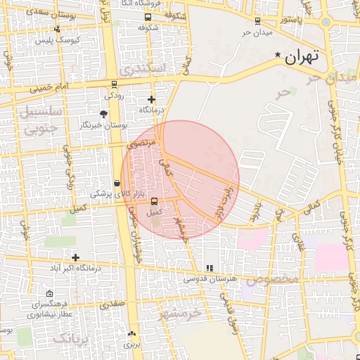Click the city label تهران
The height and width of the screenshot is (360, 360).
coord(304,57)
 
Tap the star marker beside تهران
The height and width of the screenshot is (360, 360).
coord(278,56)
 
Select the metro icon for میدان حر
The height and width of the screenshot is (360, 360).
coord(257,21)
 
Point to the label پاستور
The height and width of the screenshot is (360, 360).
coord(293,20)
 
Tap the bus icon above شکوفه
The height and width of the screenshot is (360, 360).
coord(148,17)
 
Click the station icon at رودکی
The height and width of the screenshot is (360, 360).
coord(115,82)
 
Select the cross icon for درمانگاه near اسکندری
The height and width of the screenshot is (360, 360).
coord(151,100)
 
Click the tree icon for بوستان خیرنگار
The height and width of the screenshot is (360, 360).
coord(104,113)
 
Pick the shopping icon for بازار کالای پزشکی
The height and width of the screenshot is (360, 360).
coord(117,183)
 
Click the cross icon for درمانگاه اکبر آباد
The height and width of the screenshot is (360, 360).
coord(75,257)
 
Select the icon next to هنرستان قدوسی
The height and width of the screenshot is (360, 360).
coord(210,269)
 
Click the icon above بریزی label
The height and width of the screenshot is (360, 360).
coord(132,334)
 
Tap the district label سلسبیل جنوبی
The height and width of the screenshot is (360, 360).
coord(42,120)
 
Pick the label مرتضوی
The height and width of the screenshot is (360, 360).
coord(142,143)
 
